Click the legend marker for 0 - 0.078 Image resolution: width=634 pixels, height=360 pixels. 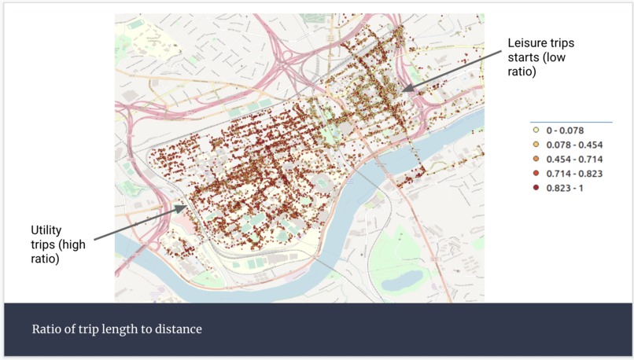click(x=535, y=130)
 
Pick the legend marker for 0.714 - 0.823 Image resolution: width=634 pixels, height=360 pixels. click(x=535, y=173)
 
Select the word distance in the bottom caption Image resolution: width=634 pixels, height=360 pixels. click(x=178, y=329)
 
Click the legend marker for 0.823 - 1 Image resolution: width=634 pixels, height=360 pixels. click(x=535, y=188)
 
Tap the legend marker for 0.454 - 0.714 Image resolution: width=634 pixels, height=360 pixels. click(x=535, y=159)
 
